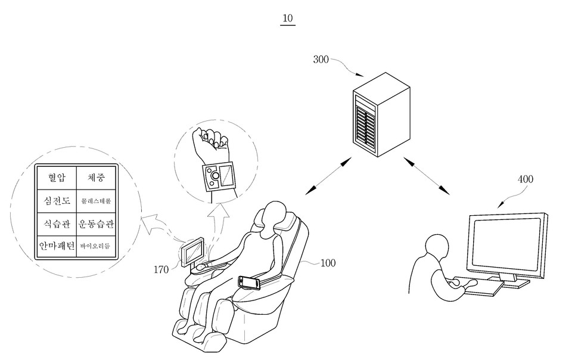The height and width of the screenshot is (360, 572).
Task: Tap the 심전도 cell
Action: (56, 201)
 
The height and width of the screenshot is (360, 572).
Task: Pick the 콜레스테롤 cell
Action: (96, 201)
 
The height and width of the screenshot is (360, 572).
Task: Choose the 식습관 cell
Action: (56, 224)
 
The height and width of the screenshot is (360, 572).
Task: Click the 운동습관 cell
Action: (96, 224)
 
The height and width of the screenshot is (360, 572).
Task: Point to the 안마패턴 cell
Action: (56, 246)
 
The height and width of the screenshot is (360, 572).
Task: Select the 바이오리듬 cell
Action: (96, 246)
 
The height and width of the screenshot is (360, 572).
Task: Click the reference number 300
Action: (322, 60)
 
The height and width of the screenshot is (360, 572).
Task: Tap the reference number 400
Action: (525, 179)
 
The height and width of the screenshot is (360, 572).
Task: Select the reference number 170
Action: (161, 270)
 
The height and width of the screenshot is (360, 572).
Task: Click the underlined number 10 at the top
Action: (288, 18)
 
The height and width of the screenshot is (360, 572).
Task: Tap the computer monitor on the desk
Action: (507, 244)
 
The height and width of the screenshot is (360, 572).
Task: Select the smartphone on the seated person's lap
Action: (249, 281)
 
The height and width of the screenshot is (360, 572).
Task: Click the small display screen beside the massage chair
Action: (194, 252)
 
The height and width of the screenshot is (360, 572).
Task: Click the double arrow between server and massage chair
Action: (328, 176)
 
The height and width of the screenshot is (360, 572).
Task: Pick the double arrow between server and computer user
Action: (427, 176)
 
